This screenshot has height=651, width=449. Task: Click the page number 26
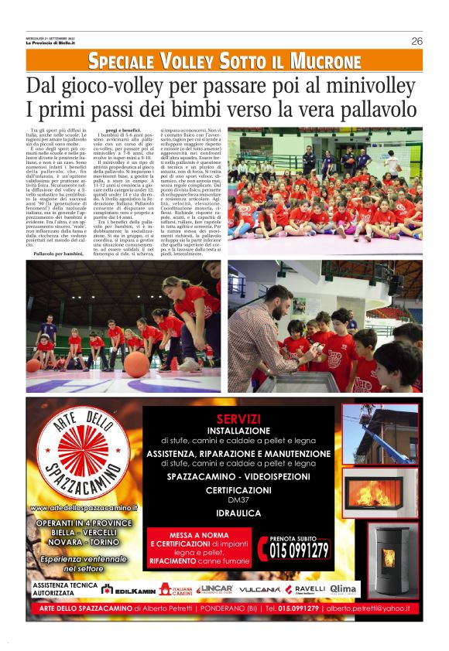(x=416, y=41)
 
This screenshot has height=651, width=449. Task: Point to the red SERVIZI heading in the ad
(x=238, y=418)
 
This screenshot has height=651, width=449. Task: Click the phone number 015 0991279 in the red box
(x=298, y=550)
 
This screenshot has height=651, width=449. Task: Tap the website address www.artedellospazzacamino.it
(x=83, y=508)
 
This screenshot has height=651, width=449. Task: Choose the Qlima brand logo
(x=343, y=589)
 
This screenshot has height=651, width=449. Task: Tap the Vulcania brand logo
(x=259, y=589)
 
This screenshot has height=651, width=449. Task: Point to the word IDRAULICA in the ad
(x=238, y=513)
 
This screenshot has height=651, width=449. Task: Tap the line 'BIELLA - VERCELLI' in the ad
(x=83, y=533)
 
